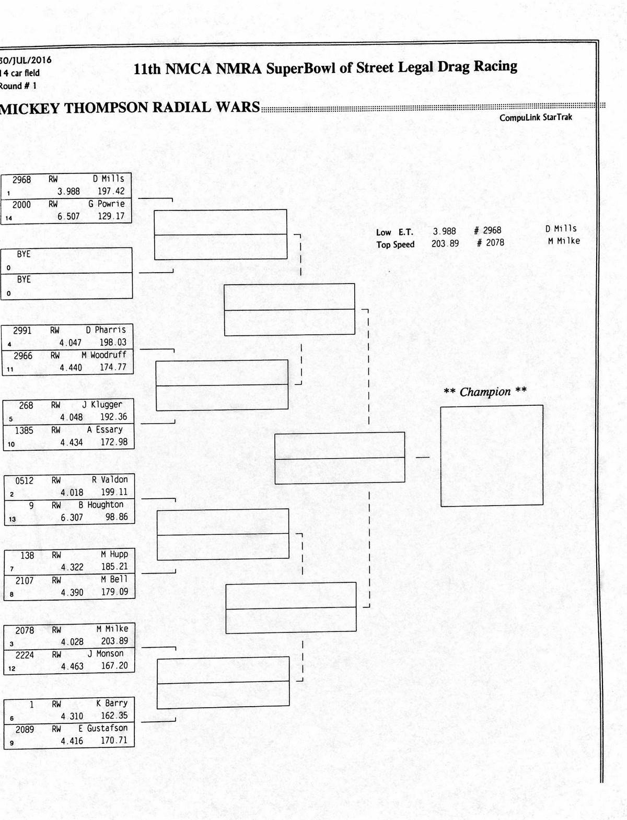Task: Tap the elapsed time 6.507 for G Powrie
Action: tap(68, 216)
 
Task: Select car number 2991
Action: tap(22, 331)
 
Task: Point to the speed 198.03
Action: tap(113, 343)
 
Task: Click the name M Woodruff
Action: tap(104, 355)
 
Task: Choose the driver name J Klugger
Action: tap(102, 404)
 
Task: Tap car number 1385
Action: tap(24, 430)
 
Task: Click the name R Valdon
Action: tap(110, 479)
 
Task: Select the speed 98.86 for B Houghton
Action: tap(117, 517)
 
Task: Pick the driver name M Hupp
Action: tap(114, 554)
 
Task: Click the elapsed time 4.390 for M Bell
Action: tap(72, 592)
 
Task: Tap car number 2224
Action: tap(25, 655)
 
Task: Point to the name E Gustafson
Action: tap(103, 728)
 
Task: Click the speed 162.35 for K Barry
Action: tap(114, 716)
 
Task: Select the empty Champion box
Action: tap(492, 455)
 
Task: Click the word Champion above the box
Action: tap(485, 392)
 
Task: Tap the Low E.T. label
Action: tap(394, 232)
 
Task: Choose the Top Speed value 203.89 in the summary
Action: tap(445, 243)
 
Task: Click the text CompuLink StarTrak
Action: tap(536, 118)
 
